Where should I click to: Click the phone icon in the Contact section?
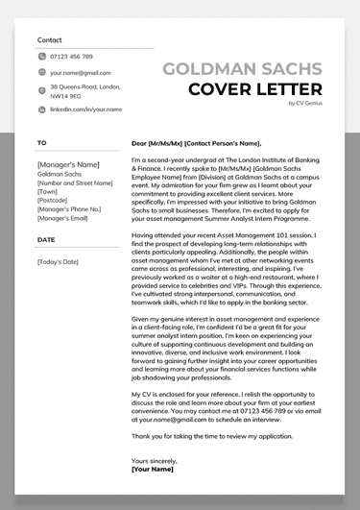coord(40,57)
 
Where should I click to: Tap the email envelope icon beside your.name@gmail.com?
coord(40,72)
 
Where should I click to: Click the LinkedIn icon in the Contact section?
coord(40,109)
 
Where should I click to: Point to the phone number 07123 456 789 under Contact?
coord(72,57)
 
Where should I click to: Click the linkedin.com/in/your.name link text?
coord(86,109)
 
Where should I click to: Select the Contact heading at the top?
coord(49,40)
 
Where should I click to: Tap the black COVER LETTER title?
coord(254,90)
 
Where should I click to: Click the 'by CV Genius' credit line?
coord(305,104)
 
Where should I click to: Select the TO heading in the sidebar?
coord(41,143)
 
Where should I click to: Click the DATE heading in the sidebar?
coord(46,239)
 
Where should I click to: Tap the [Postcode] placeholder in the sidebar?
coord(56,200)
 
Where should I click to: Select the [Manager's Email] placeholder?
coord(70,217)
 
